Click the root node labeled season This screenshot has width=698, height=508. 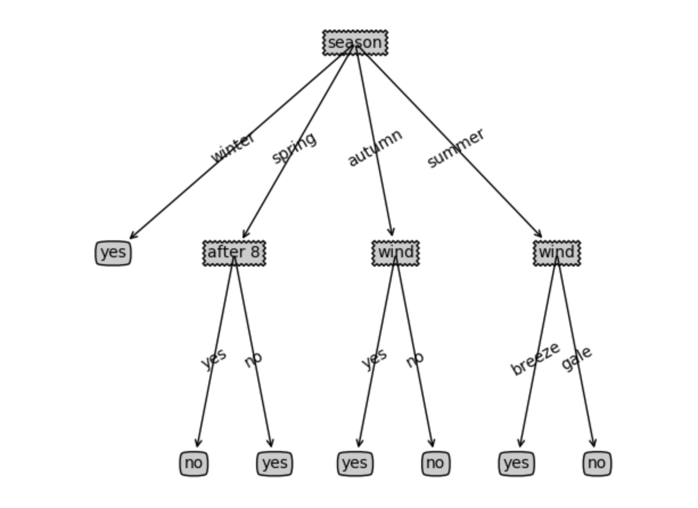(x=355, y=43)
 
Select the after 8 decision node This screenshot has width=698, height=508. (x=234, y=252)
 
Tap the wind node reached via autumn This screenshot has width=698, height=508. (x=395, y=252)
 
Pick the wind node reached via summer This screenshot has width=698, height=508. (x=556, y=252)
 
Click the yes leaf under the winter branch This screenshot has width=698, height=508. (x=113, y=253)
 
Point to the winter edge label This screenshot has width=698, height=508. (x=233, y=148)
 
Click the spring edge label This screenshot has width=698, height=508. (x=294, y=148)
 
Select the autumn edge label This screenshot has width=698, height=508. (x=375, y=148)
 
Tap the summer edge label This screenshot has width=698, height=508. (x=455, y=148)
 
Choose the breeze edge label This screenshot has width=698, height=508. (x=535, y=359)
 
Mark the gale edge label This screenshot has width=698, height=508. (x=577, y=358)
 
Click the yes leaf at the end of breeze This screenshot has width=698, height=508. (x=516, y=464)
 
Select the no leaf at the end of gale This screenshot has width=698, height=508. (x=597, y=464)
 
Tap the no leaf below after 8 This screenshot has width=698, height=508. (x=194, y=464)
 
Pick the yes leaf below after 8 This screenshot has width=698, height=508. (x=274, y=464)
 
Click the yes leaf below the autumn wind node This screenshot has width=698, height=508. (x=355, y=464)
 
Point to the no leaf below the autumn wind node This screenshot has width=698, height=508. (x=436, y=464)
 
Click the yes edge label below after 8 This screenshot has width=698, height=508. (x=214, y=358)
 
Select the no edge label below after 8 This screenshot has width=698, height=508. (x=253, y=359)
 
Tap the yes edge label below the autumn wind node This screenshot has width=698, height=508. (x=375, y=358)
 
